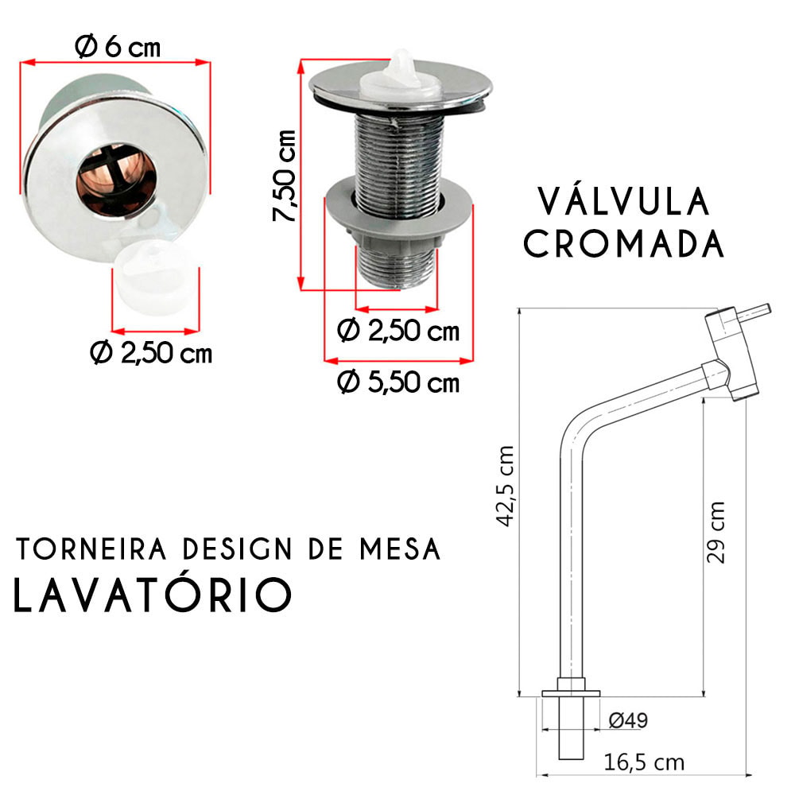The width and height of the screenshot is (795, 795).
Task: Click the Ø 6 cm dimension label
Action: pos(118,47)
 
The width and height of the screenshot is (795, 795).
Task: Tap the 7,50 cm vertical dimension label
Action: pos(284,176)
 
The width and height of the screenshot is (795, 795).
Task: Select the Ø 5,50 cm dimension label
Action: pos(398,382)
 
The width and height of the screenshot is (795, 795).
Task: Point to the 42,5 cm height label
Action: pos(506,486)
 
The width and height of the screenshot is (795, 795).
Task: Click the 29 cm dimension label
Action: pos(715,533)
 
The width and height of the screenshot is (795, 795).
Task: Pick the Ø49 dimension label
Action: pos(628,720)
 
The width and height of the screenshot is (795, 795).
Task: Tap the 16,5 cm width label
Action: pos(644,762)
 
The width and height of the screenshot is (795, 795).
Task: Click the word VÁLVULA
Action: pos(623,201)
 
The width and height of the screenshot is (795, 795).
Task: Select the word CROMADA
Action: pos(623,244)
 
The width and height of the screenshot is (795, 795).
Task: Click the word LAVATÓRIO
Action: pos(153,593)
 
